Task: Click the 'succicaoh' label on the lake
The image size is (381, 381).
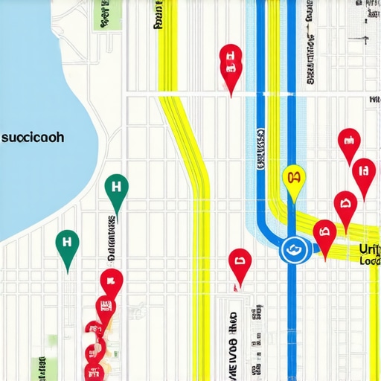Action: (33, 138)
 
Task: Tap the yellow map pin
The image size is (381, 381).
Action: (295, 179)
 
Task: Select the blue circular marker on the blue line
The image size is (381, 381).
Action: (293, 250)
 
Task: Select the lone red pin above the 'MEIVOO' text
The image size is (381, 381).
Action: (240, 263)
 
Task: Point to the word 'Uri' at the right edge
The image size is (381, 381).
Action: (369, 249)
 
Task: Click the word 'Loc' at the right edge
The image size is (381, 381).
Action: (369, 261)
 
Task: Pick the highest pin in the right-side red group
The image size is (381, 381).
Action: (348, 142)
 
